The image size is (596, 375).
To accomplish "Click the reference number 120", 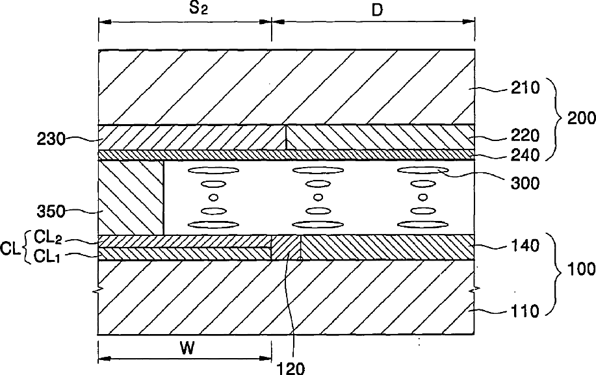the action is coord(291,368).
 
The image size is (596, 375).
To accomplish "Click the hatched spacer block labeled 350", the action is coord(130,198).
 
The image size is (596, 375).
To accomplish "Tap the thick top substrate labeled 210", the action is coord(286,86).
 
